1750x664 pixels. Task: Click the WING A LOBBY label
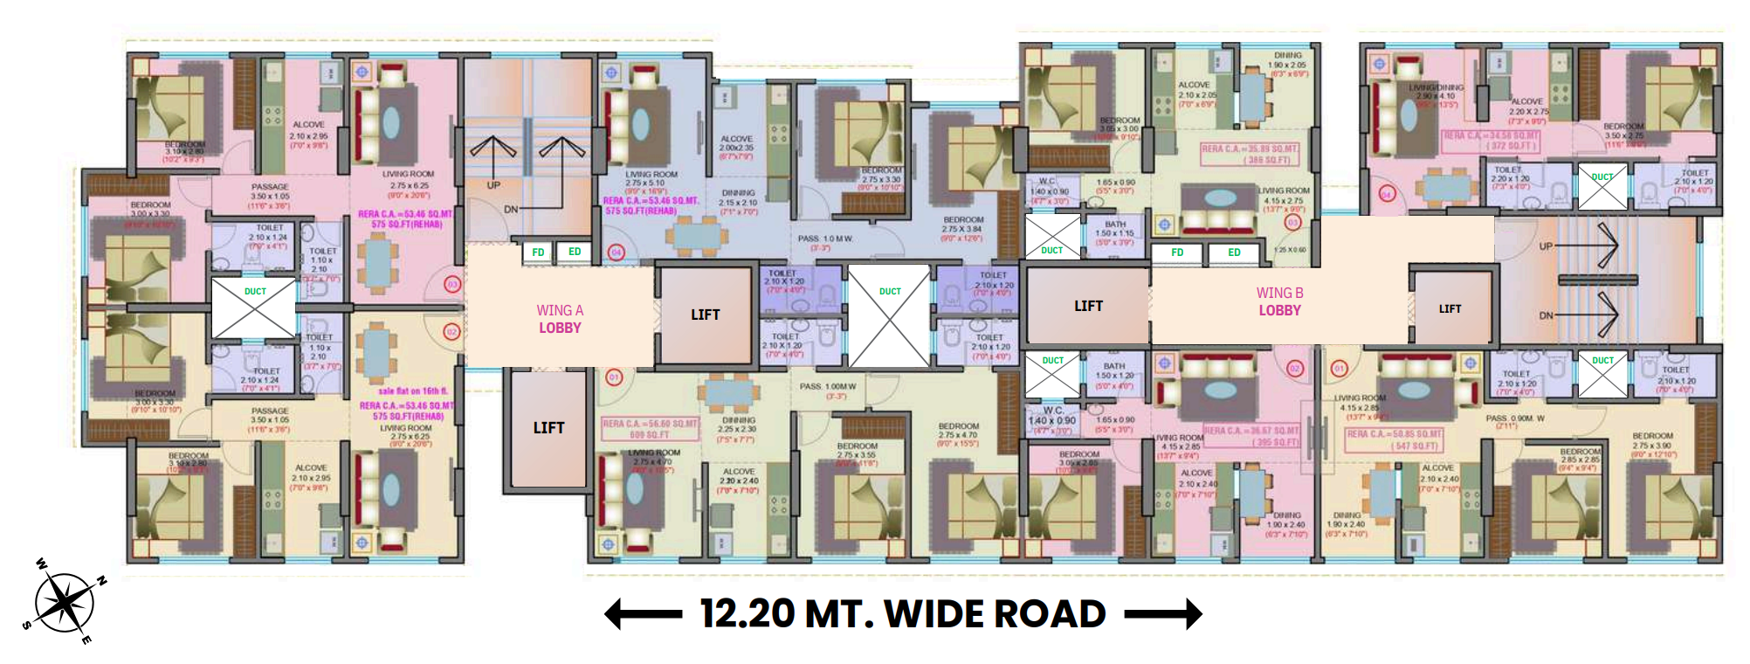coord(560,319)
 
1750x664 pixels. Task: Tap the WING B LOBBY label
coord(1279,301)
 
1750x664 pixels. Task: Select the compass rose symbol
coord(65,603)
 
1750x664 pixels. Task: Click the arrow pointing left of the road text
coord(643,614)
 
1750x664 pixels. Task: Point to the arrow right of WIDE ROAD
coord(1163,614)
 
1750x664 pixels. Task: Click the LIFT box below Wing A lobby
coord(548,428)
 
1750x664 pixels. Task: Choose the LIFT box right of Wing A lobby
coord(706,315)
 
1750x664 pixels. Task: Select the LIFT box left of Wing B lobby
coord(1088,306)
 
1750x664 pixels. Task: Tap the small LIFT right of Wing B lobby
coord(1450,308)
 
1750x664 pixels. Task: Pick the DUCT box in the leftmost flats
coord(254,308)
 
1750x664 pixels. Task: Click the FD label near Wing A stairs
coord(538,252)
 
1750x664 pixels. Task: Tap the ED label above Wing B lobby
coord(1234,252)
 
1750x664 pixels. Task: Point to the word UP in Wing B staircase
coord(1546,246)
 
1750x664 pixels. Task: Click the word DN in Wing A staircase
coord(511,210)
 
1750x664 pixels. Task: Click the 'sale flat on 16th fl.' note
coord(412,391)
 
